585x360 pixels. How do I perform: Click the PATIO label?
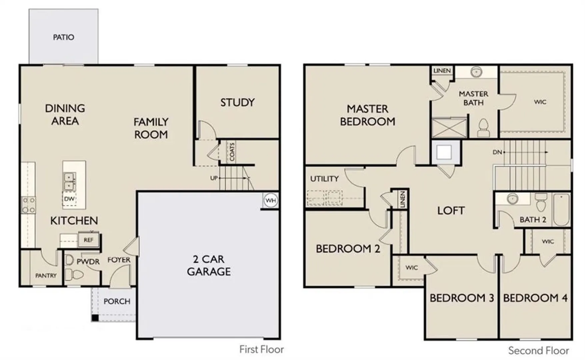(x=64, y=37)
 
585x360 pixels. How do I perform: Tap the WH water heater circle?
(x=270, y=200)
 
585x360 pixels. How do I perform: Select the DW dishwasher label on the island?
(x=69, y=199)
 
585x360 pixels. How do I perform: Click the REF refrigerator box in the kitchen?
(x=88, y=240)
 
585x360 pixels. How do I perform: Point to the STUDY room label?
(x=237, y=102)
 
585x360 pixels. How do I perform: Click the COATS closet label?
(x=232, y=152)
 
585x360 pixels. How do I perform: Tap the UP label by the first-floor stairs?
(x=214, y=178)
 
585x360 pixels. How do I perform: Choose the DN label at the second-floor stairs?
(x=497, y=152)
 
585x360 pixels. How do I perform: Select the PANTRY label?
(x=46, y=275)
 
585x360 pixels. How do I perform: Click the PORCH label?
(x=117, y=301)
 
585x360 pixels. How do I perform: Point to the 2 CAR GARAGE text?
(x=209, y=265)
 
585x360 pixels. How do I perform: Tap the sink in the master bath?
(x=477, y=72)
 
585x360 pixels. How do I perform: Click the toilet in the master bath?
(x=483, y=128)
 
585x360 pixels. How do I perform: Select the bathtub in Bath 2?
(x=561, y=210)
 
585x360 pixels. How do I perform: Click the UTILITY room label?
(x=324, y=179)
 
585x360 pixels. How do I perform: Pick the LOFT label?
(x=451, y=210)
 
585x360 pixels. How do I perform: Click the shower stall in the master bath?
(x=449, y=128)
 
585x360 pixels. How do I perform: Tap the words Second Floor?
(x=538, y=351)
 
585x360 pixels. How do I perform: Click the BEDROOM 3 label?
(x=462, y=298)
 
